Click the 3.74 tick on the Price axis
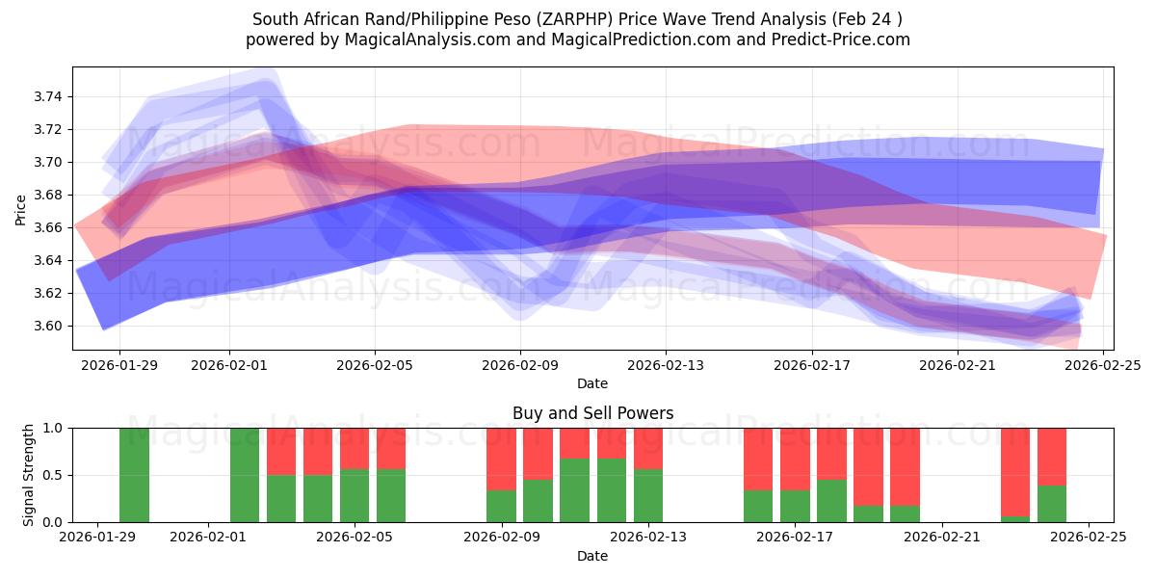click(x=48, y=96)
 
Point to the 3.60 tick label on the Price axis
click(x=48, y=326)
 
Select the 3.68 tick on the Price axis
click(x=48, y=195)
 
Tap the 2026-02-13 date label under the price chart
click(x=666, y=365)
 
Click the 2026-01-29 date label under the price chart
click(x=119, y=365)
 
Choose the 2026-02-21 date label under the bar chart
click(x=941, y=538)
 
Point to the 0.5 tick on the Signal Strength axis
click(x=54, y=475)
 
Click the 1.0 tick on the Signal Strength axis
click(x=54, y=428)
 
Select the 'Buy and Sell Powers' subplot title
click(x=591, y=413)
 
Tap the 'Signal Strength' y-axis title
click(x=29, y=475)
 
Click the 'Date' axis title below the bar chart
click(x=591, y=556)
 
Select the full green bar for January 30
click(x=134, y=475)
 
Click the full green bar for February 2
click(x=245, y=475)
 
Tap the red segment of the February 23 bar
click(x=1015, y=471)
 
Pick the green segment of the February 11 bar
click(x=574, y=490)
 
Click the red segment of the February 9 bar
click(x=501, y=459)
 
